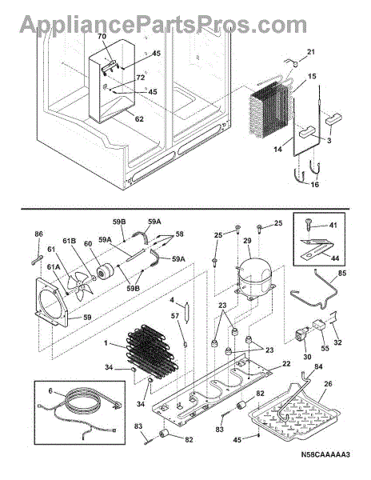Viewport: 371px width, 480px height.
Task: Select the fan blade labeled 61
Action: click(81, 284)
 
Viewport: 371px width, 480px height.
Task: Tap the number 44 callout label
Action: click(335, 258)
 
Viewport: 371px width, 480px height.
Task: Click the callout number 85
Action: click(342, 272)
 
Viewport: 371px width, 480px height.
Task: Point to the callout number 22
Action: click(286, 363)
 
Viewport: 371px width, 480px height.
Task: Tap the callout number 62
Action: click(139, 118)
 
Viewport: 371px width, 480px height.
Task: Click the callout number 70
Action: click(102, 37)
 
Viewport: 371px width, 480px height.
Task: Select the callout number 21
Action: click(310, 52)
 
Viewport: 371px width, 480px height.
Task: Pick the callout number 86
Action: click(38, 234)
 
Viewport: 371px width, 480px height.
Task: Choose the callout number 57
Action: click(174, 316)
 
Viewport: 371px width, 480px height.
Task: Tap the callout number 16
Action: click(315, 184)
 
